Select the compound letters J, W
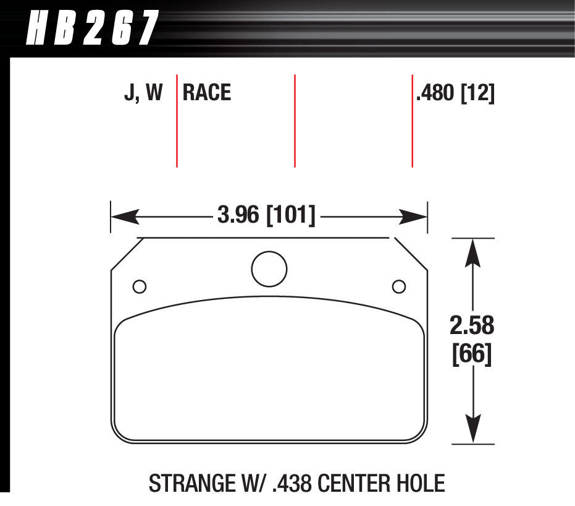[143, 93]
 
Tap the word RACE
[207, 93]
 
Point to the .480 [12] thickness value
[455, 93]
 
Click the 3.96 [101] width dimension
[266, 216]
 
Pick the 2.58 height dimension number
[473, 325]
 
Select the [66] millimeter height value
[472, 354]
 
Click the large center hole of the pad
[269, 268]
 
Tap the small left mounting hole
[140, 286]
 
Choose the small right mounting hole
[399, 286]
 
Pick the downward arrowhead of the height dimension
[473, 430]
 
